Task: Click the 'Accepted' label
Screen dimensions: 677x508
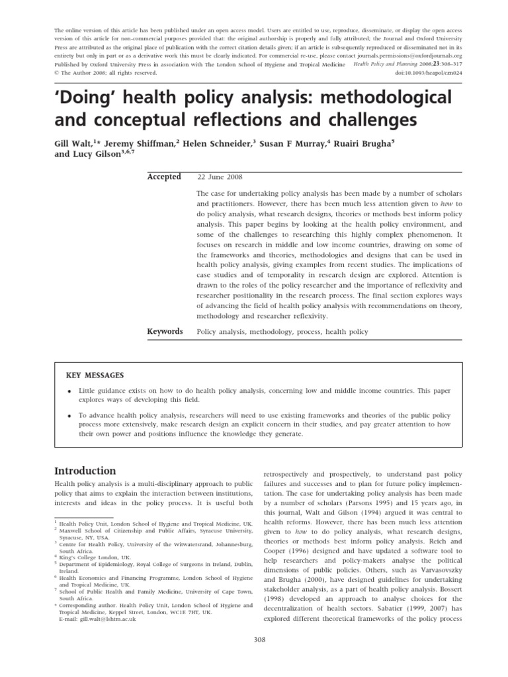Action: click(x=163, y=177)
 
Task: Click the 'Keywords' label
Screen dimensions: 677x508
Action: click(x=165, y=331)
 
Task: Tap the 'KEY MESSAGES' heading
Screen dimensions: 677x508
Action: click(x=95, y=376)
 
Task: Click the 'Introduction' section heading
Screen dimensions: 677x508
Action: click(x=84, y=471)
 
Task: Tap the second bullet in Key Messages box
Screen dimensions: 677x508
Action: click(x=69, y=415)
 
